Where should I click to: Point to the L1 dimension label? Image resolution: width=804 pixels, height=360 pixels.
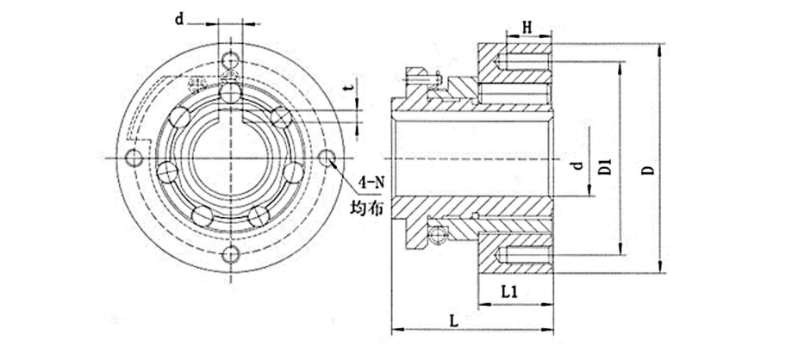(510, 292)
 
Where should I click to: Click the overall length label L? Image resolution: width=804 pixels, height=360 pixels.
(453, 320)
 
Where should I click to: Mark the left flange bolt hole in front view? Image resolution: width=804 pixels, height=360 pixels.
(133, 158)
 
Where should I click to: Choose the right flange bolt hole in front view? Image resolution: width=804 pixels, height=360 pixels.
(327, 158)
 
